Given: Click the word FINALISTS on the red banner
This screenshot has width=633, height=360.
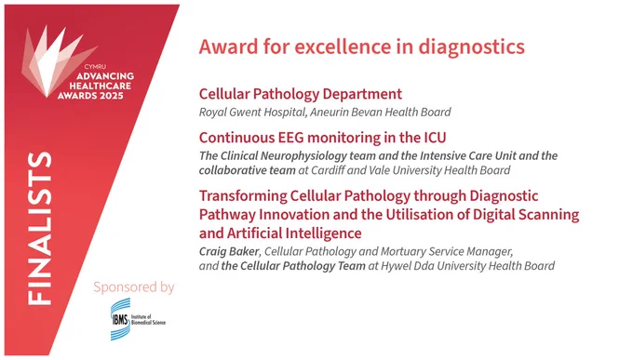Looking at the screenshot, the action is [40, 228].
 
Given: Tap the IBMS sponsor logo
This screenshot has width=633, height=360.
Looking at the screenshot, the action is [138, 320].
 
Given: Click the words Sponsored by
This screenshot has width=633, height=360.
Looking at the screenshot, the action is [134, 287].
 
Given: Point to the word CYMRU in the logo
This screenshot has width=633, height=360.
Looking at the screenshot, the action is [95, 67].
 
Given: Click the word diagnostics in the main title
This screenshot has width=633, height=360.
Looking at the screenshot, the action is [471, 47].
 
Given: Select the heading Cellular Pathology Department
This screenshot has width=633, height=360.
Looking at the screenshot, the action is [301, 94].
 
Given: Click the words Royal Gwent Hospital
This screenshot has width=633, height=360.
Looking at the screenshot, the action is [252, 112].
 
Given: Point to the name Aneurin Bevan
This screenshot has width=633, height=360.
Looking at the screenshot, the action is [345, 112].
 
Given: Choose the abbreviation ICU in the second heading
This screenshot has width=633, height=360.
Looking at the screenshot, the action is [435, 138].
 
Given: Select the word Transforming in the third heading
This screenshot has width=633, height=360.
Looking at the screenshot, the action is [243, 196].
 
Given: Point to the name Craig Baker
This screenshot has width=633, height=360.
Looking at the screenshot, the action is [229, 251].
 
